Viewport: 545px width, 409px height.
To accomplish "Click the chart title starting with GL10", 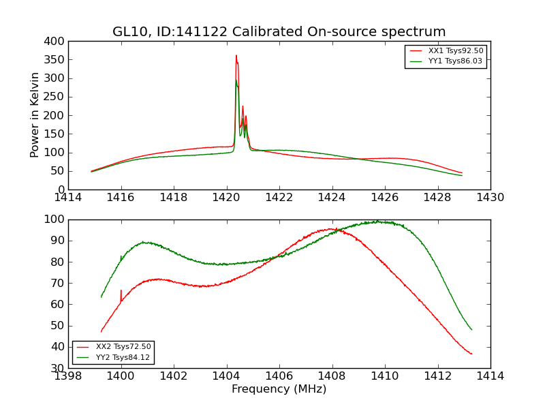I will tap(279, 32).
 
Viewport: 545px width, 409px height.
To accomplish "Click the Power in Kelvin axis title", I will tap(35, 115).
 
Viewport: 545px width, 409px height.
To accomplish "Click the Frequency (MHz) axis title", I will tap(279, 389).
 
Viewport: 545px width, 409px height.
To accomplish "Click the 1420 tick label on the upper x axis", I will tap(227, 198).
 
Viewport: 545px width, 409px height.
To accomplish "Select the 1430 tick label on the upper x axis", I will tap(490, 198).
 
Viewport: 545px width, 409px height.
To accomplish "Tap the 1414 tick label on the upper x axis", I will tap(69, 198).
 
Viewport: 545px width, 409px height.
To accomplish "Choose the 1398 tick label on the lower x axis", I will tap(69, 376).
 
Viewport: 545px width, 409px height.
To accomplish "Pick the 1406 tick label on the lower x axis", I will tap(279, 376).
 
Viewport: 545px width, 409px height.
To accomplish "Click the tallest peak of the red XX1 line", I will tap(236, 56).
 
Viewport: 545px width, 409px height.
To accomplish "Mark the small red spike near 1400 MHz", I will tap(121, 291).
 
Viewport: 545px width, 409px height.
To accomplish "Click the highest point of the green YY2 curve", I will tap(377, 221).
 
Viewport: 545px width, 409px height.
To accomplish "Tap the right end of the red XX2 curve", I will tap(471, 354).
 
